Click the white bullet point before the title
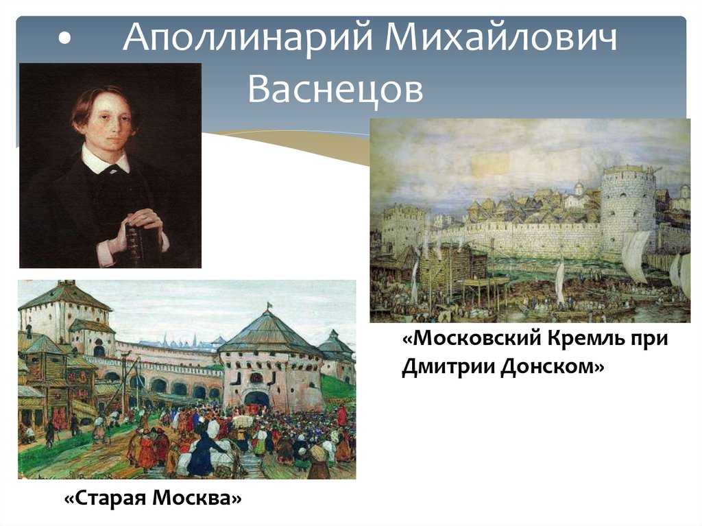[x=64, y=39]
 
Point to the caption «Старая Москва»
[x=153, y=498]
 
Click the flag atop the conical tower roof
[x=269, y=305]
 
